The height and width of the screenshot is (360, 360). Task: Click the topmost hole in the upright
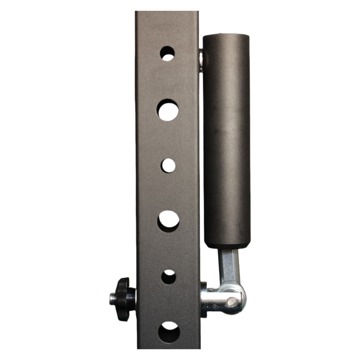pos(167,53)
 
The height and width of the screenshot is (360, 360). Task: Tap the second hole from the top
pos(168,110)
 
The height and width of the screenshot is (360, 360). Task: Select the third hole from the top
pos(168,165)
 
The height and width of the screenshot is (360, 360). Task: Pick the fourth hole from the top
pos(168,221)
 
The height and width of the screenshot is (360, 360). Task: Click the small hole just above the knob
pos(168,276)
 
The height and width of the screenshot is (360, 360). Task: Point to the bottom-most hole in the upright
pos(169,332)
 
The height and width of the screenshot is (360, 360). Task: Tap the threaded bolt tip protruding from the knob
pos(113,298)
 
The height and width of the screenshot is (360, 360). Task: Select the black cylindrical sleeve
pos(226,140)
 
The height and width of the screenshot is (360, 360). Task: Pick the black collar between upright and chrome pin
pos(204,300)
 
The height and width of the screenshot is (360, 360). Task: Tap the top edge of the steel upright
pos(167,12)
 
